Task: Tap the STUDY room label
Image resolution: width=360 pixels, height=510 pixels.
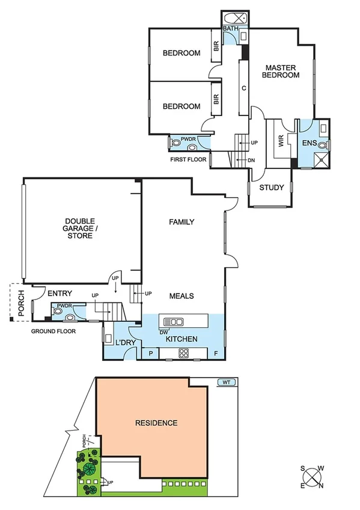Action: pos(271,188)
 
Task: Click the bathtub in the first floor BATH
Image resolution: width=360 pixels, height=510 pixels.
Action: pos(231,17)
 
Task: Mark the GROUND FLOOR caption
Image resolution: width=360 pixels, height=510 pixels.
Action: pos(54,331)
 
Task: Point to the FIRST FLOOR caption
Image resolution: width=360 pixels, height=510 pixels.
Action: pos(188,160)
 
